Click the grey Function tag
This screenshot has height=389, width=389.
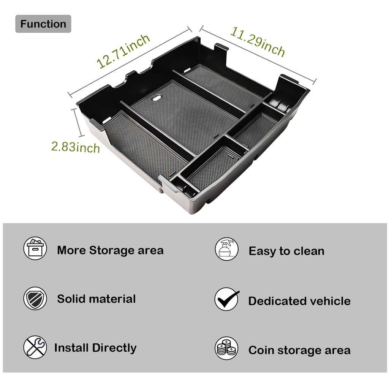click(x=43, y=24)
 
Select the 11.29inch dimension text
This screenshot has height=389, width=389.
click(x=257, y=41)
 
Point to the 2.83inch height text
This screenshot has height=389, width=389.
click(x=76, y=146)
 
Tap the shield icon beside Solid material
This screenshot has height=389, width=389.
click(x=35, y=299)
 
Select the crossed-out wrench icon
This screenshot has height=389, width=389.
click(x=35, y=347)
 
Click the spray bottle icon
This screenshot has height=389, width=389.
click(x=227, y=249)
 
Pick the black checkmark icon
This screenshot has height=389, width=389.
click(x=227, y=299)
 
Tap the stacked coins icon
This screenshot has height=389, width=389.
click(x=227, y=348)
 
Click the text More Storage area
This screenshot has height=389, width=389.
click(x=110, y=250)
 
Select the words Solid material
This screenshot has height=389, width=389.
click(x=96, y=299)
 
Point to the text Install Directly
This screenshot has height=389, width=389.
click(x=95, y=348)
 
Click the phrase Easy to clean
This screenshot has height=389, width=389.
click(x=286, y=251)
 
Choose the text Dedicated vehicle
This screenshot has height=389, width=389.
click(x=299, y=301)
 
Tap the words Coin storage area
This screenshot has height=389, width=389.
click(x=299, y=350)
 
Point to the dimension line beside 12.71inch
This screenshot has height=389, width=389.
click(x=129, y=61)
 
